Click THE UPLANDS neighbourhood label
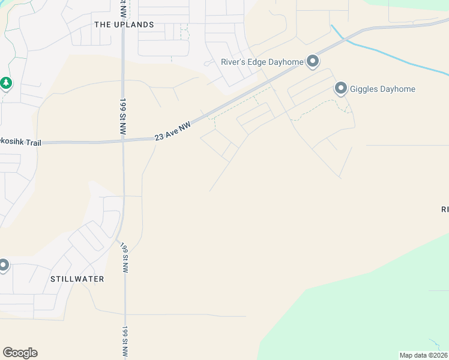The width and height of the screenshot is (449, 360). coord(124,25)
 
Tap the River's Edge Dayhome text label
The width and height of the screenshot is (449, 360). coord(261,61)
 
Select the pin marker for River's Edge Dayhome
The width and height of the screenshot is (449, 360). coord(312,61)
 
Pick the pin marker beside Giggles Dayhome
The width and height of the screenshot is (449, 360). coord(341,89)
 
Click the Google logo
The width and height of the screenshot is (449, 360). coord(20,353)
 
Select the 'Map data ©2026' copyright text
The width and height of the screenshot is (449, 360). coord(423,355)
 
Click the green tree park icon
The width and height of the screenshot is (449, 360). coord(6,83)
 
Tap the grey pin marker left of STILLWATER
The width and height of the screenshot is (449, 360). coord(3,265)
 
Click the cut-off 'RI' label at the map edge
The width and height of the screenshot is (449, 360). coord(445,209)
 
